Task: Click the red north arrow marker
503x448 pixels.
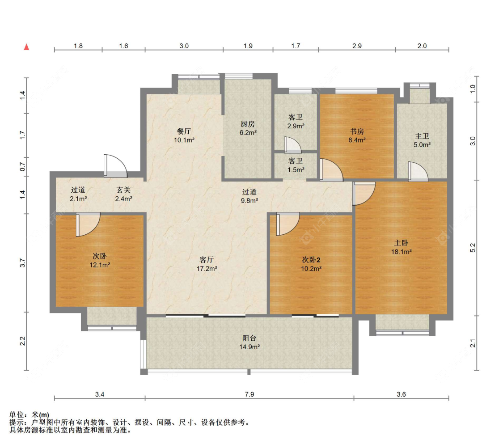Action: [27, 47]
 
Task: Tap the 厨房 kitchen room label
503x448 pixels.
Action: [248, 124]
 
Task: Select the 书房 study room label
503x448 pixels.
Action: [357, 131]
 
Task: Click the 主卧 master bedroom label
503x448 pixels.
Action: [402, 243]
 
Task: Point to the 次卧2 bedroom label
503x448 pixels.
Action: [311, 260]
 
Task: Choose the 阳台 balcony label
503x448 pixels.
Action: [249, 338]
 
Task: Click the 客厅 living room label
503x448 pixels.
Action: [207, 260]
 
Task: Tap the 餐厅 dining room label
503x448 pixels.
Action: [184, 131]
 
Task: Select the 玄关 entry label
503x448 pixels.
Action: [123, 190]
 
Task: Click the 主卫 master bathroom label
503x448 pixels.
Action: [422, 136]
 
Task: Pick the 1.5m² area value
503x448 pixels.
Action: [296, 169]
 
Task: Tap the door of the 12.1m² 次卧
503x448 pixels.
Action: [88, 224]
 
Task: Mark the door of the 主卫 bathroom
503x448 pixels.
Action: [418, 172]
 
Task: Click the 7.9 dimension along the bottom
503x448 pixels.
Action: [249, 394]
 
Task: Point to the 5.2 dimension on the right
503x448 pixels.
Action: [473, 248]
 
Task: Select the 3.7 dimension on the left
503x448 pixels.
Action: [22, 263]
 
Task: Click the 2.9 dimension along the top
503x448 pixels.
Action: [357, 46]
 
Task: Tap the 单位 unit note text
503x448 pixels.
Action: [29, 415]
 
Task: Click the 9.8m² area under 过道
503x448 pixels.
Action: [249, 200]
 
